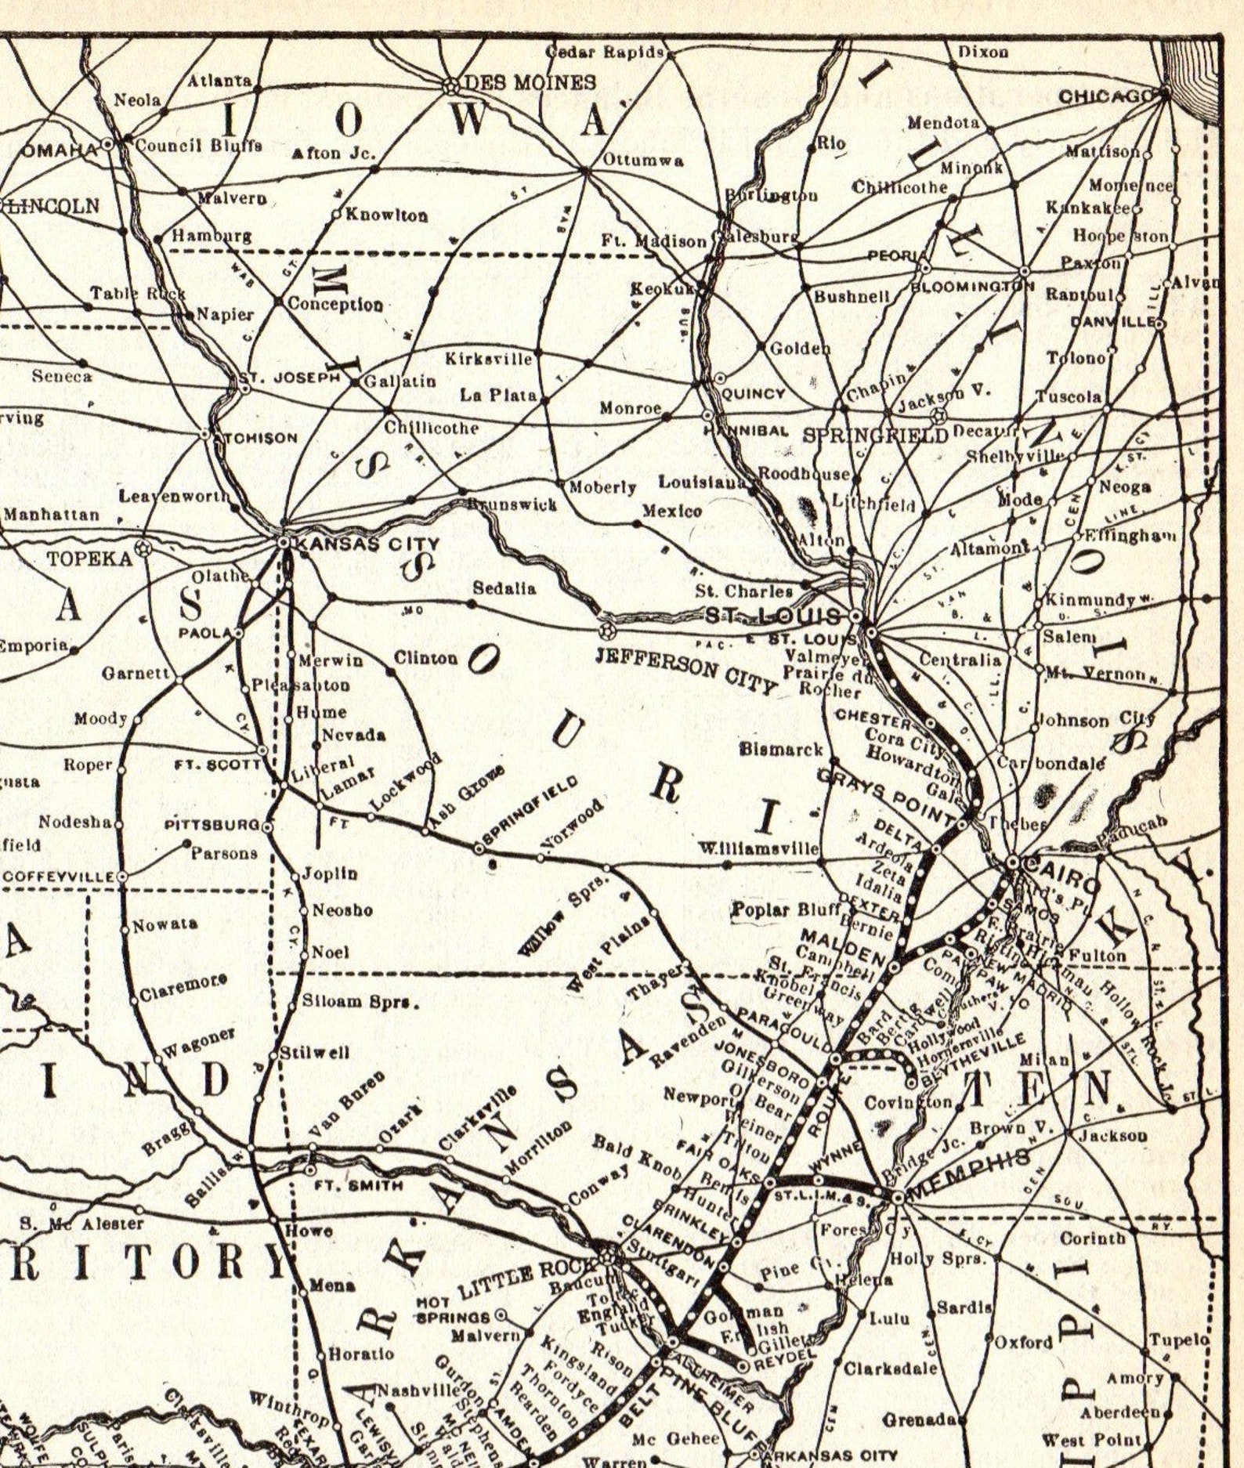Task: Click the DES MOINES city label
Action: [x=530, y=82]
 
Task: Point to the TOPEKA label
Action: [x=89, y=559]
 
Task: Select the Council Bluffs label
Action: [x=198, y=146]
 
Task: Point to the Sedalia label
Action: [x=504, y=588]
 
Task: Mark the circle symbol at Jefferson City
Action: [x=605, y=630]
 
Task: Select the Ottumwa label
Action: [x=642, y=161]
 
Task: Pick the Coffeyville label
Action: [x=60, y=876]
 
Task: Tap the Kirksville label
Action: [x=489, y=359]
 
